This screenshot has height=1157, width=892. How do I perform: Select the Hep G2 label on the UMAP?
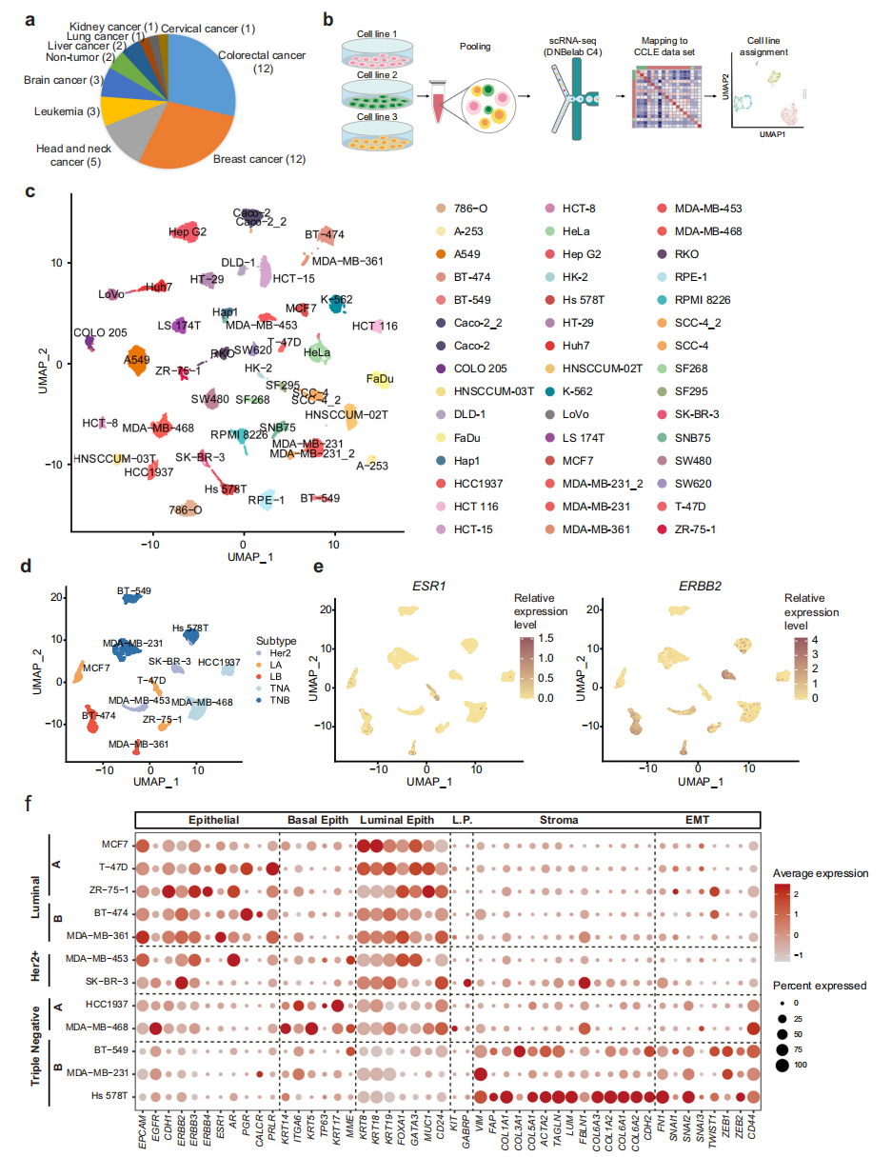[x=188, y=231]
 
